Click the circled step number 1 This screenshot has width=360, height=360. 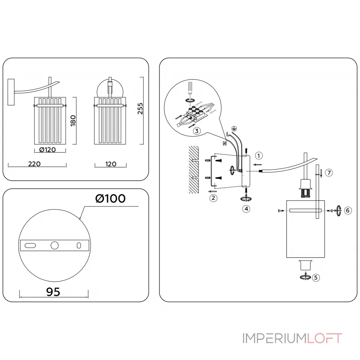pyautogui.click(x=258, y=156)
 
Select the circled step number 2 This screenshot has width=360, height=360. pyautogui.click(x=213, y=197)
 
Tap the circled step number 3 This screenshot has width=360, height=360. pyautogui.click(x=197, y=131)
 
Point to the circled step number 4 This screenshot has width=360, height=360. pyautogui.click(x=246, y=209)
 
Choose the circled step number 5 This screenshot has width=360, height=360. pyautogui.click(x=316, y=278)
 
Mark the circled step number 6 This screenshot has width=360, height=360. pyautogui.click(x=347, y=210)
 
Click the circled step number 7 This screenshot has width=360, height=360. pyautogui.click(x=329, y=172)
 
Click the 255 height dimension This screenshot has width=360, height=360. pyautogui.click(x=141, y=109)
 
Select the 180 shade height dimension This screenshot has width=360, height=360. pyautogui.click(x=73, y=121)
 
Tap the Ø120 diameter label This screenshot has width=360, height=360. pyautogui.click(x=48, y=150)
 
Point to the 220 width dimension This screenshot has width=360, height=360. pyautogui.click(x=34, y=164)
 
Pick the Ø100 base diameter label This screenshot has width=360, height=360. pyautogui.click(x=110, y=198)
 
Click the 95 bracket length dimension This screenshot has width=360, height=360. pyautogui.click(x=54, y=292)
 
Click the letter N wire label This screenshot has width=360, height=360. pyautogui.click(x=224, y=143)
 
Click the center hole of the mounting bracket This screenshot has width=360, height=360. pyautogui.click(x=54, y=245)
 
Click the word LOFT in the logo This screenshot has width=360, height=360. pyautogui.click(x=324, y=338)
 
